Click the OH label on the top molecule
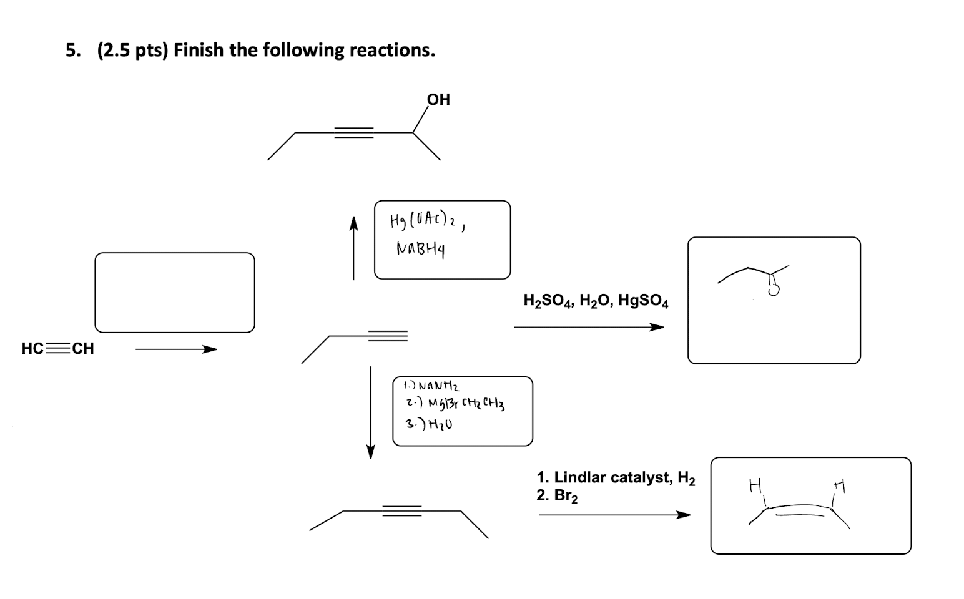coord(438,99)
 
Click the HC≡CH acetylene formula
coord(57,348)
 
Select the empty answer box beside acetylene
coord(174,292)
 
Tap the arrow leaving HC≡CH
coord(176,349)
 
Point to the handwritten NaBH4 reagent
coord(420,250)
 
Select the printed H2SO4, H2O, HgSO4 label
coord(596,301)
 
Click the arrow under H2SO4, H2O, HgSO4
coord(589,327)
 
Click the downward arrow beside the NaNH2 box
coord(371,412)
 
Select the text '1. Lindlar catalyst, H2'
coord(616,478)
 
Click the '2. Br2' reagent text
coord(557,496)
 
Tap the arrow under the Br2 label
coord(614,515)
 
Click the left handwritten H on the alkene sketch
coord(755,484)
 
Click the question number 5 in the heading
coord(72,50)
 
